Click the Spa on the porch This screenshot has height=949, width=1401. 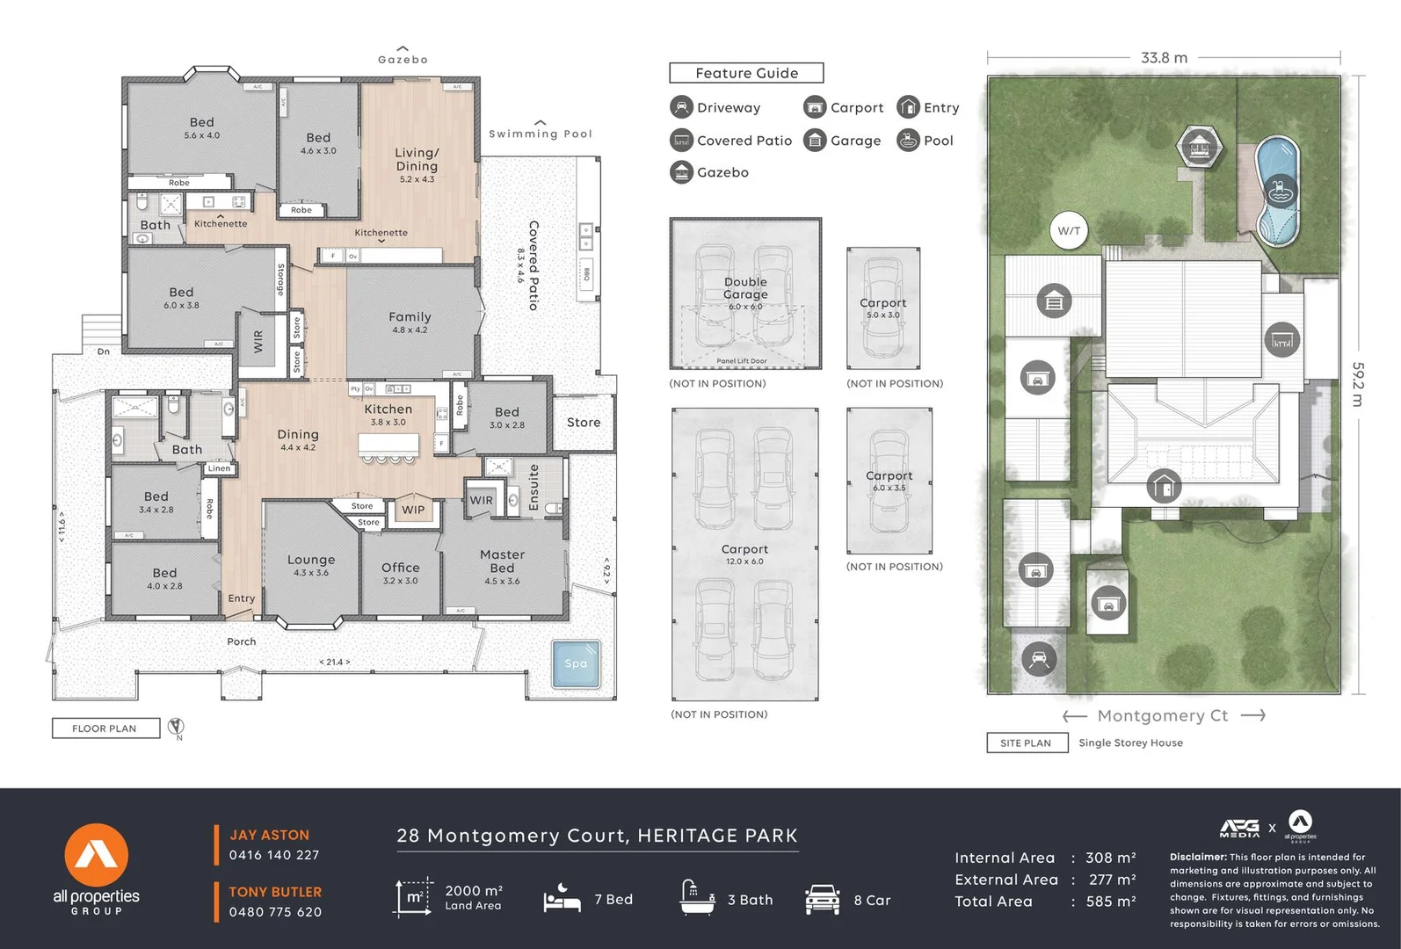(x=576, y=664)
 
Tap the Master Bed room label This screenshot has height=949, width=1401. (x=502, y=561)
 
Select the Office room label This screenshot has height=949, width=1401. (x=400, y=569)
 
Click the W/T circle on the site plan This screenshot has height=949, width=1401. (x=1069, y=231)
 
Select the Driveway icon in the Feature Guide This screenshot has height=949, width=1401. (x=681, y=107)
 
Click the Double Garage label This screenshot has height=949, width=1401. (x=745, y=288)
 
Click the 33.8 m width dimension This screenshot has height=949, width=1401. (x=1164, y=58)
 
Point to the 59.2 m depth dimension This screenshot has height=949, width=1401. (x=1357, y=384)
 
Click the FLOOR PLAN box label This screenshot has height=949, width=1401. (x=105, y=728)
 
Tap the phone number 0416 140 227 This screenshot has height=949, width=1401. (x=274, y=855)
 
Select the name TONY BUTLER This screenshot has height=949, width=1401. (x=275, y=892)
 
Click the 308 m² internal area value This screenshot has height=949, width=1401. (x=1110, y=858)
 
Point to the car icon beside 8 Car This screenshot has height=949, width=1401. (x=822, y=900)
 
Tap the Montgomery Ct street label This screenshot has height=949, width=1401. (x=1162, y=716)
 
